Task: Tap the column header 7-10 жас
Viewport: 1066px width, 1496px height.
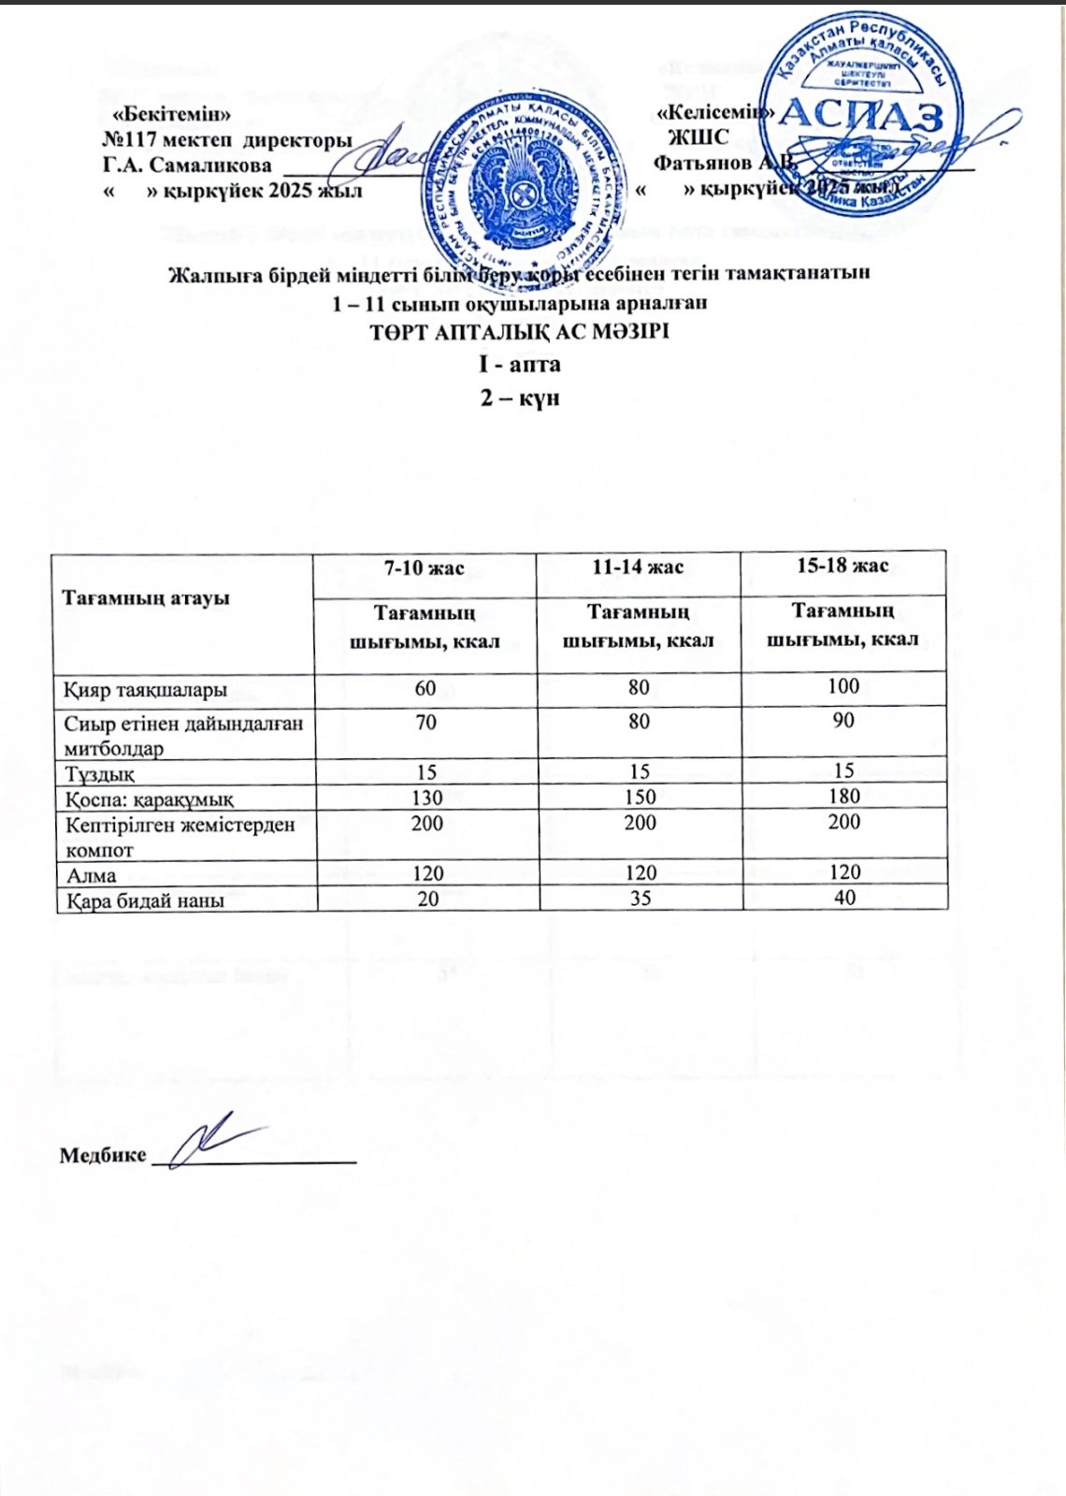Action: click(x=425, y=568)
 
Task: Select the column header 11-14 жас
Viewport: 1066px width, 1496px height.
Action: click(x=638, y=567)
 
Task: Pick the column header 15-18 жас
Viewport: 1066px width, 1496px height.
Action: click(x=843, y=566)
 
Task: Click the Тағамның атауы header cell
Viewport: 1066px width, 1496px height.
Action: click(x=146, y=597)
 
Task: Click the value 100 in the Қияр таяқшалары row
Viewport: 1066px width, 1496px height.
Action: click(x=843, y=686)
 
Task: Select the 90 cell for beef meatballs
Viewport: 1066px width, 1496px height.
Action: click(x=843, y=721)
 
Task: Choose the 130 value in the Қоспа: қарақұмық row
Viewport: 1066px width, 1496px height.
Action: click(x=425, y=797)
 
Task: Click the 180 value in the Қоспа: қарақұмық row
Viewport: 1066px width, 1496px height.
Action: click(x=843, y=796)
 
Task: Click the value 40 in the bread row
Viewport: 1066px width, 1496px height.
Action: click(x=844, y=898)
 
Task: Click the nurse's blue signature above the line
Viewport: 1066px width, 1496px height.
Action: click(x=215, y=1141)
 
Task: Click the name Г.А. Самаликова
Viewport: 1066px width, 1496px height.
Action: click(x=187, y=165)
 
